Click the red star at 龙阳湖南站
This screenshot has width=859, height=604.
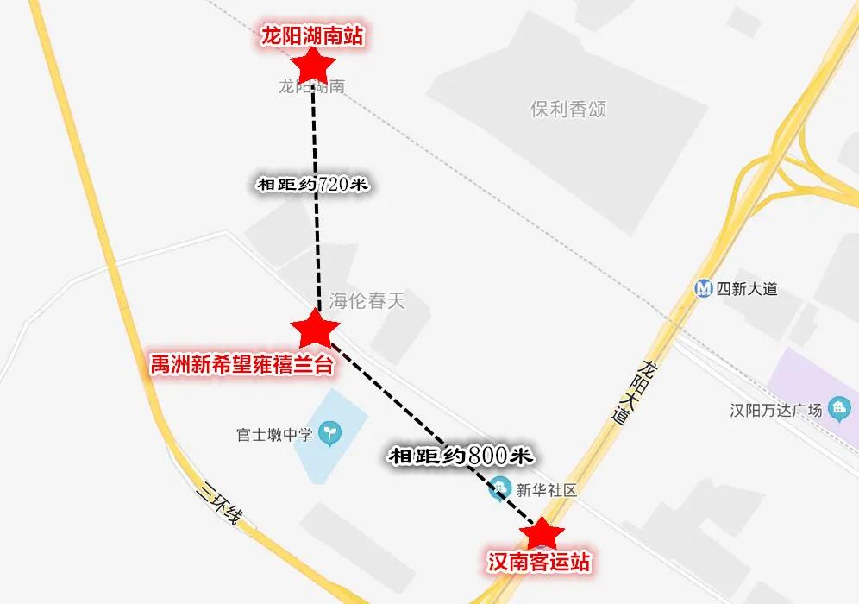pos(313,64)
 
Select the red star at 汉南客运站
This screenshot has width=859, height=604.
pos(542,533)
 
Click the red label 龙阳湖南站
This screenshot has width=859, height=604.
pos(311,36)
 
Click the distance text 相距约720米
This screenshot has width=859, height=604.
pos(313,185)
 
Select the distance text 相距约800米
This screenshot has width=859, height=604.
pos(461,456)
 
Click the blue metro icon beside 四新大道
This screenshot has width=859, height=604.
pos(705,289)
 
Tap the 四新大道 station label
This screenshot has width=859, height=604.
pos(747,289)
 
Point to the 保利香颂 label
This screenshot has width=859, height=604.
pos(568,110)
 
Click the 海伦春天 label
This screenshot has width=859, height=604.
pos(367,301)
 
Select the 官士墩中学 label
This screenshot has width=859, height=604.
pos(273,434)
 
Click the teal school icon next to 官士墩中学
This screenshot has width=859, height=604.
pos(329,431)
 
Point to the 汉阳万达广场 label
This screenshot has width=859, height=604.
pos(775,410)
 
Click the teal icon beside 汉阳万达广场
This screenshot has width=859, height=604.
pos(837,408)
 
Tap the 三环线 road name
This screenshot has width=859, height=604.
pos(221,505)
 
